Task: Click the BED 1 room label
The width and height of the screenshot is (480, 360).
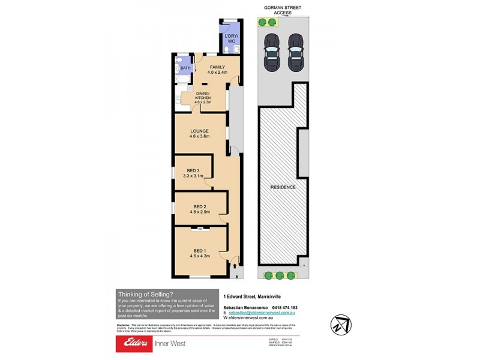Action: (199, 251)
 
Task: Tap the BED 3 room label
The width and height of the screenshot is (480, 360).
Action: (193, 170)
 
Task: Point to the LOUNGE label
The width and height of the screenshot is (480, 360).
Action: (199, 130)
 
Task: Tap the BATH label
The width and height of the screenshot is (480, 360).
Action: (184, 68)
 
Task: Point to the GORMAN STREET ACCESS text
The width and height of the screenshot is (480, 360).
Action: (283, 10)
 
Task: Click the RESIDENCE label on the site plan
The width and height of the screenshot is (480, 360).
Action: (283, 187)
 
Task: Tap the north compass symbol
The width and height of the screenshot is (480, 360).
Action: (341, 324)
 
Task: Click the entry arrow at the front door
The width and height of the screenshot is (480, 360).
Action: (236, 275)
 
